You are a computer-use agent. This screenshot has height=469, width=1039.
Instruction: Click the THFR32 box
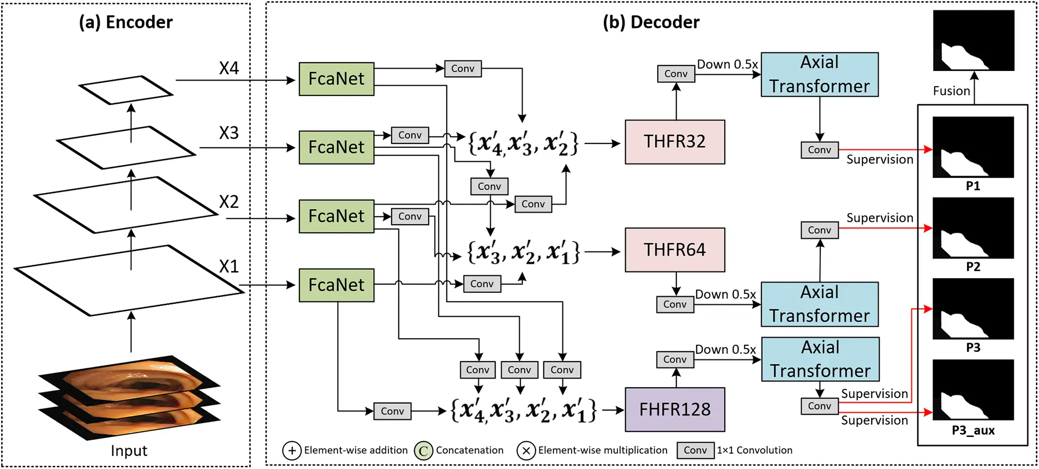pos(675,142)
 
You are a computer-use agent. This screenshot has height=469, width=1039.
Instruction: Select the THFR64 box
pos(675,250)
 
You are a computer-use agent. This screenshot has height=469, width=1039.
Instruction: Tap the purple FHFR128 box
pos(675,410)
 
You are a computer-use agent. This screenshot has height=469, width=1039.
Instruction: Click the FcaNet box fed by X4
pos(337,79)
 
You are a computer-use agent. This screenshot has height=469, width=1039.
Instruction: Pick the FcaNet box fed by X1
pos(337,285)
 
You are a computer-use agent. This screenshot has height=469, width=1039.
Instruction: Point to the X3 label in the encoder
pos(229,133)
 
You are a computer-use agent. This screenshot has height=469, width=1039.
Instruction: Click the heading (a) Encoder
pos(125,22)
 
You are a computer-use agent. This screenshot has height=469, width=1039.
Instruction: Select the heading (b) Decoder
pos(651,22)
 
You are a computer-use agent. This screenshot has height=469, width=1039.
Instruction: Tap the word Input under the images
pos(129,451)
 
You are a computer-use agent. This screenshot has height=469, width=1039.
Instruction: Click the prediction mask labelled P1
pos(973,147)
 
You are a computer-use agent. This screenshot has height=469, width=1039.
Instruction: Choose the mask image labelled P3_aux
pos(973,390)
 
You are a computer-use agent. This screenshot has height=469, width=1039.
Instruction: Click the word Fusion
pos(951,91)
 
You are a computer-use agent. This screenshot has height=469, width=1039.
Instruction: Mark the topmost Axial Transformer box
pos(819,75)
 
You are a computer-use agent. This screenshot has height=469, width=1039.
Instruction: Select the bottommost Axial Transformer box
pos(820,359)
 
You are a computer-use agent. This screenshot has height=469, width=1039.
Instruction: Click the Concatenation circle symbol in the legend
pos(423,451)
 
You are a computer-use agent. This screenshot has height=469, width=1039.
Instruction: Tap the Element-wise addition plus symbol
pos(292,451)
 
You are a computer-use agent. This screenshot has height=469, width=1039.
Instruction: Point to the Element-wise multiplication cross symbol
pos(526,451)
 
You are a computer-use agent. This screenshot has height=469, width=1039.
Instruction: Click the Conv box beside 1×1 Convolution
pos(695,450)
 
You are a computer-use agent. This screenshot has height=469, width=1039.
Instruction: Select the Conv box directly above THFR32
pos(676,74)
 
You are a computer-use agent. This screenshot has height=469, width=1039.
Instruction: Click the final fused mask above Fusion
pos(974,41)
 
